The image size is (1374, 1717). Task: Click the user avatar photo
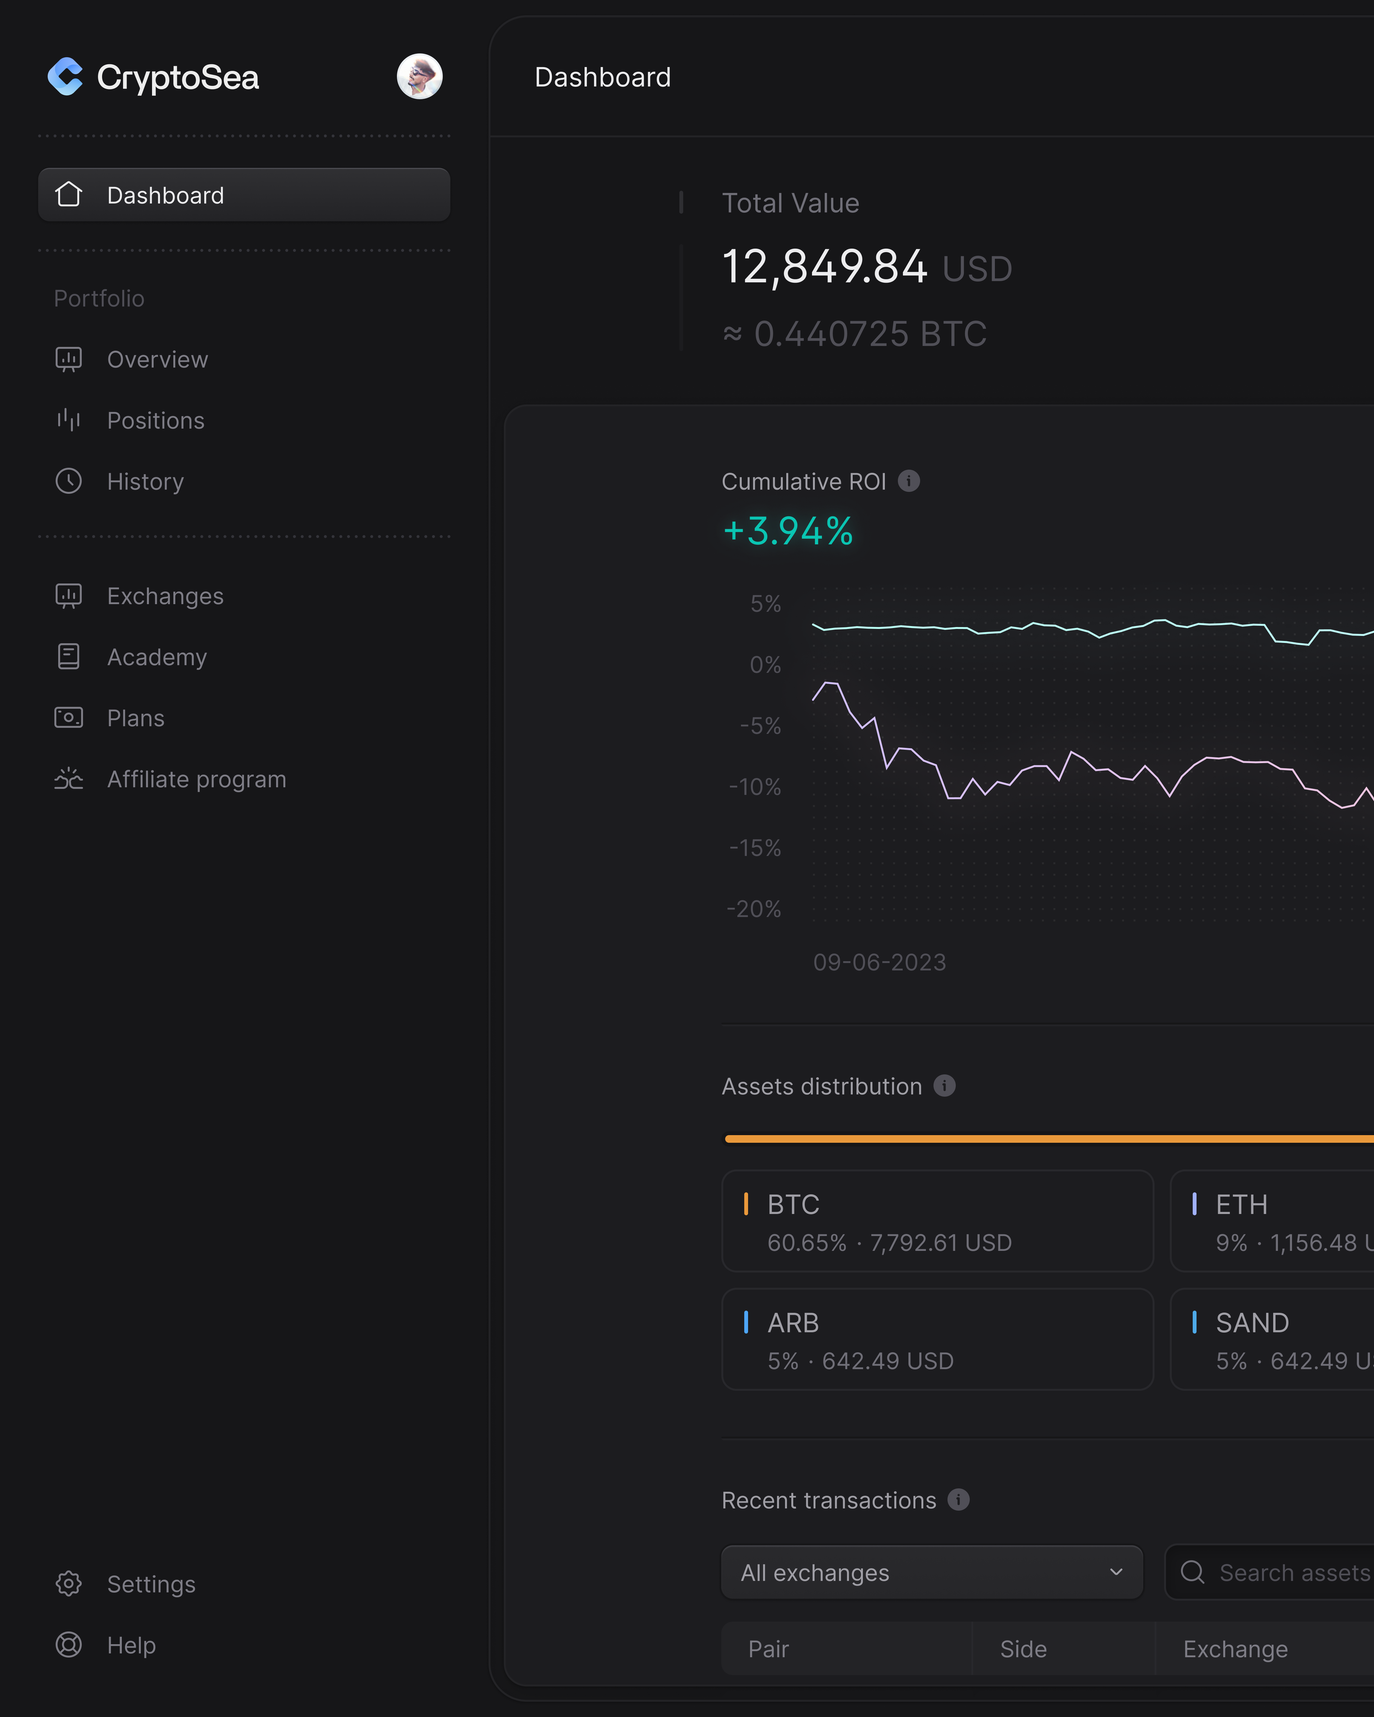point(420,76)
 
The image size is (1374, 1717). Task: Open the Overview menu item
point(157,360)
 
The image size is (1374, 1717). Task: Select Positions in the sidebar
point(155,420)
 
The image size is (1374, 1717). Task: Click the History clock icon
point(68,481)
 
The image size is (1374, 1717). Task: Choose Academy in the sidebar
point(157,657)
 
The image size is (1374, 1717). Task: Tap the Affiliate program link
point(196,779)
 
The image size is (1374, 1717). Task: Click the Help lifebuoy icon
point(68,1645)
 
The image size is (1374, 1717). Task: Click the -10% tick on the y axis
point(755,787)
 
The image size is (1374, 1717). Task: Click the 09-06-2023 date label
point(879,962)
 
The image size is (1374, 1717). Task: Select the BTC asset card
point(937,1221)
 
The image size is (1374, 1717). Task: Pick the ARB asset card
point(937,1339)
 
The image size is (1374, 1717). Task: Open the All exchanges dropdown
point(931,1572)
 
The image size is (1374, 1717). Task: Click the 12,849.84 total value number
point(824,267)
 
